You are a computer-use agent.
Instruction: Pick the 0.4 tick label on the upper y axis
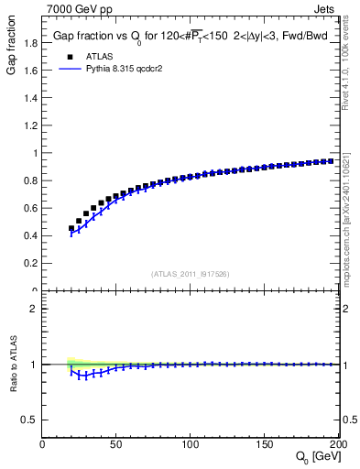click(x=29, y=236)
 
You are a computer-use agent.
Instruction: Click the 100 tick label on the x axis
click(x=191, y=444)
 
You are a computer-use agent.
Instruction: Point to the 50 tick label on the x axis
click(x=116, y=444)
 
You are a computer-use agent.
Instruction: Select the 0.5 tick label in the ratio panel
click(x=29, y=420)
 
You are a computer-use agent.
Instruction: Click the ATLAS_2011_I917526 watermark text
click(x=191, y=273)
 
